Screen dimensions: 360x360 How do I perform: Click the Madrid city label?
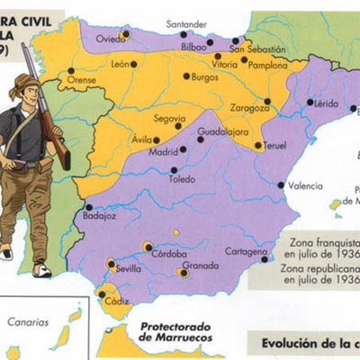pyautogui.click(x=162, y=152)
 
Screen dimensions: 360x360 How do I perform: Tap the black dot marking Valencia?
pyautogui.click(x=282, y=185)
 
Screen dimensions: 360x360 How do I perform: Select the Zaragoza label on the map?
pyautogui.click(x=249, y=108)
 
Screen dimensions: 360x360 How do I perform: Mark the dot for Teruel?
pyautogui.click(x=258, y=145)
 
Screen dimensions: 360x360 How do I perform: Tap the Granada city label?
pyautogui.click(x=200, y=265)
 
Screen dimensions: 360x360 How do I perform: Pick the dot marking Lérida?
pyautogui.click(x=310, y=103)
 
